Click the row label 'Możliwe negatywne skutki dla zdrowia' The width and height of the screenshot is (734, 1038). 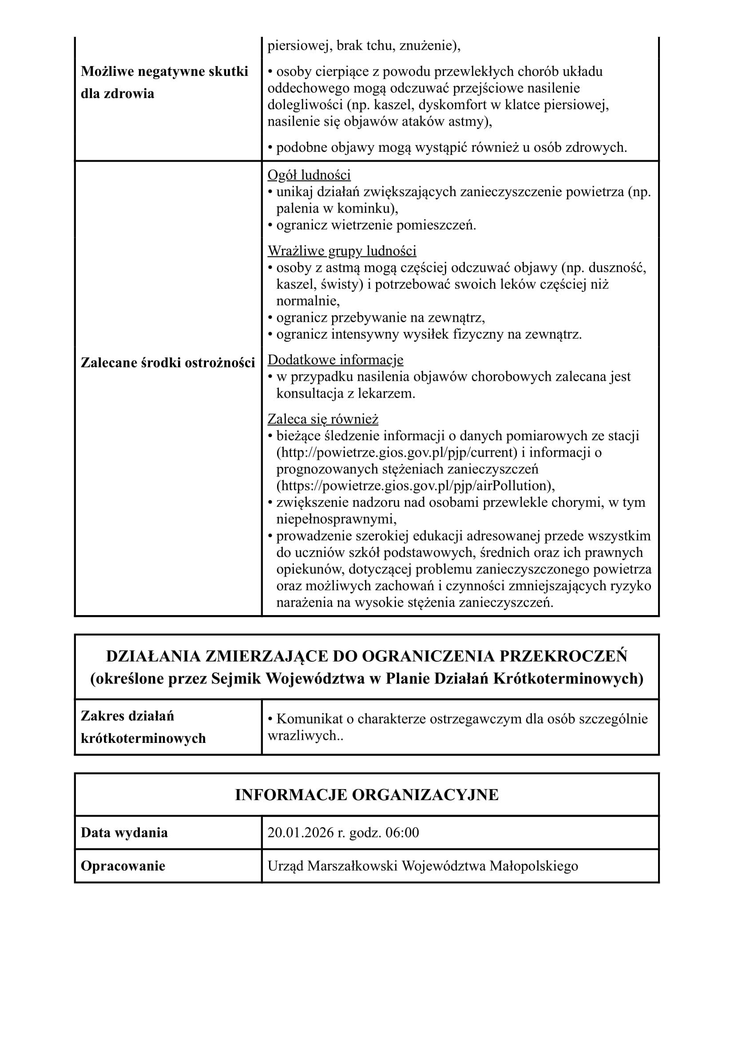[164, 82]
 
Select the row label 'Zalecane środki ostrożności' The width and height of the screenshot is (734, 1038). [168, 363]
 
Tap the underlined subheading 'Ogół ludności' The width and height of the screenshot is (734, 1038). [309, 175]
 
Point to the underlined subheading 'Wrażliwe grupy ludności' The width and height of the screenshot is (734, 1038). [341, 250]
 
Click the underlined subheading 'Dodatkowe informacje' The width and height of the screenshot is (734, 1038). [335, 360]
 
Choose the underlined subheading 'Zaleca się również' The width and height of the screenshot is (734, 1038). [322, 419]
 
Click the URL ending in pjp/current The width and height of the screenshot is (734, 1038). [397, 453]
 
